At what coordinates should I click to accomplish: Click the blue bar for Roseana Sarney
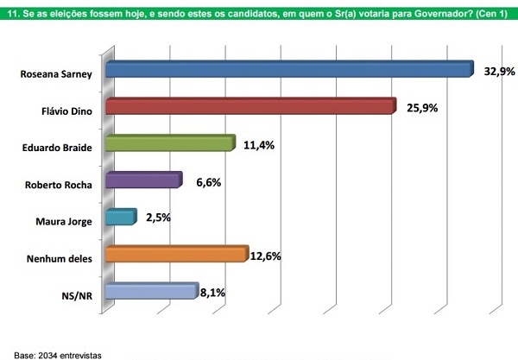click(288, 70)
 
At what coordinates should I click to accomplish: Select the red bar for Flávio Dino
click(250, 107)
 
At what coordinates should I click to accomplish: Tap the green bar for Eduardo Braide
click(169, 144)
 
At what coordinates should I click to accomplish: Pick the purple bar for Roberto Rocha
click(142, 180)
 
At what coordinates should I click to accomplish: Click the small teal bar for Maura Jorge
click(120, 218)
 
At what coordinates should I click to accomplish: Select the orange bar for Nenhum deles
click(176, 255)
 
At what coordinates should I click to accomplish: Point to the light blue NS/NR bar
click(151, 292)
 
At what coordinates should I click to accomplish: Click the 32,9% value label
click(497, 72)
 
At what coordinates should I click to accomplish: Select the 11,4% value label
click(258, 145)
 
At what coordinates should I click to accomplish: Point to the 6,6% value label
click(202, 182)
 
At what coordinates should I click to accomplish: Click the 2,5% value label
click(156, 218)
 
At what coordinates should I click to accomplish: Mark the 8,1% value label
click(212, 293)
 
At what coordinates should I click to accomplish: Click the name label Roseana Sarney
click(55, 74)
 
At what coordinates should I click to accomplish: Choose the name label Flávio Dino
click(66, 111)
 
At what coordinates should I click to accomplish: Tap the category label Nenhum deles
click(60, 257)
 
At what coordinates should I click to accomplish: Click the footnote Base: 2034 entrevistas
click(52, 354)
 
